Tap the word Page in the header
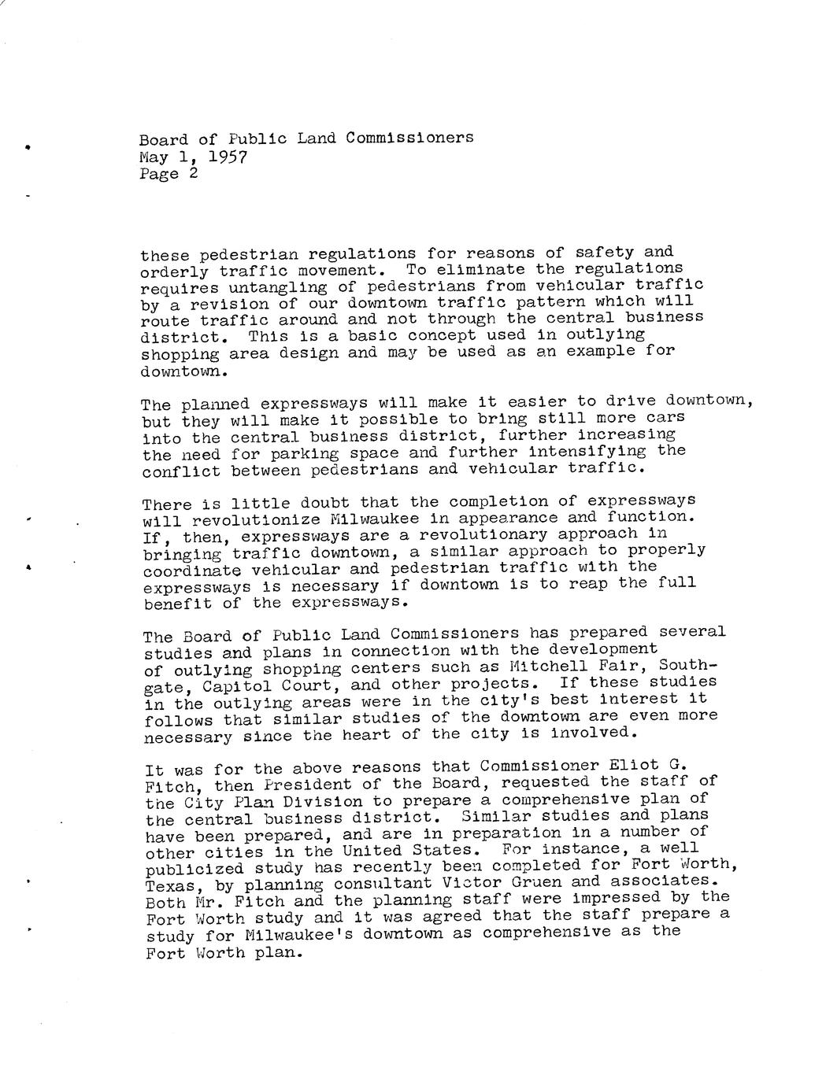159,174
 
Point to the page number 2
193,173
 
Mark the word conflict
181,471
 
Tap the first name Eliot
634,765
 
